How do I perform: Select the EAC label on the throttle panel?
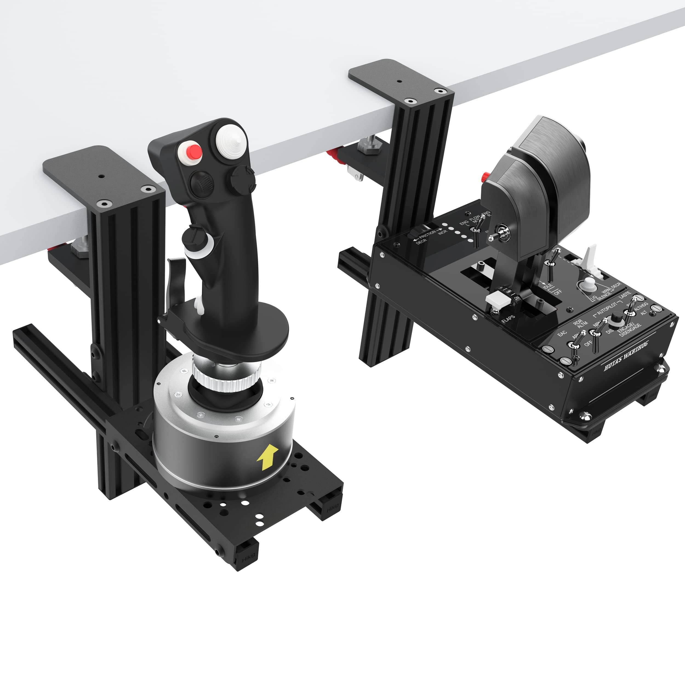tap(562, 333)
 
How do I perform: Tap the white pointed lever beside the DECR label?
tap(589, 259)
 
